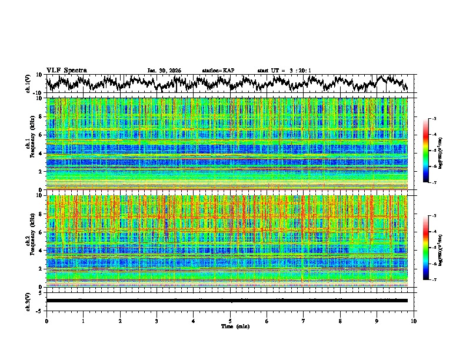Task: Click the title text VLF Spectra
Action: tap(66, 71)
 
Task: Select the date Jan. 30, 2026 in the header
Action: tap(164, 71)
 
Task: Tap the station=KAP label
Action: tap(218, 71)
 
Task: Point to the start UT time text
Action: tap(284, 71)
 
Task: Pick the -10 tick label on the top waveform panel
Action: tap(37, 93)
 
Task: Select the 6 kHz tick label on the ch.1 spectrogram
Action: tap(41, 135)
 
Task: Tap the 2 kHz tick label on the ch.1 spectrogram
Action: tap(41, 171)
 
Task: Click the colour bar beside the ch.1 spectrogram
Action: tap(426, 151)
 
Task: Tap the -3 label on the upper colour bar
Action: tap(434, 119)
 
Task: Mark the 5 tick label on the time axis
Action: tap(230, 321)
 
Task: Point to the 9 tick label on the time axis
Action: tap(377, 321)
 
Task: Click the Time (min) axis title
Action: tap(230, 326)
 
